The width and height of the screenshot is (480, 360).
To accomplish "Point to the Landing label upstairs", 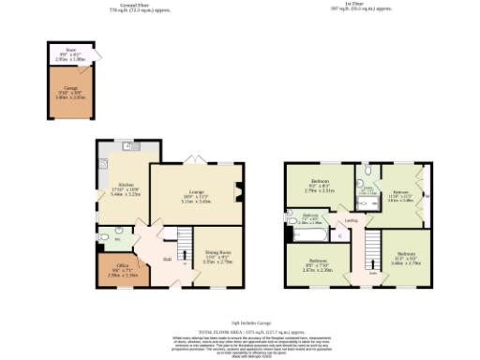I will tap(351, 221).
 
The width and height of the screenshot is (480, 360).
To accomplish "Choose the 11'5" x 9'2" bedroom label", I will tap(405, 260).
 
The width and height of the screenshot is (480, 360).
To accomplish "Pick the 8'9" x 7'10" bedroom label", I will tap(319, 262).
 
